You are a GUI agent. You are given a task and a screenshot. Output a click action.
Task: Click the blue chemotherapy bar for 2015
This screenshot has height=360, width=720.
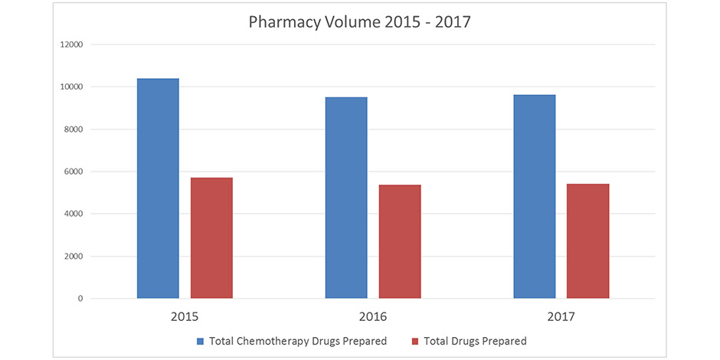158,188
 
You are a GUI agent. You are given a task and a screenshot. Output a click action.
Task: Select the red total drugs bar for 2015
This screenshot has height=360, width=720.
211,238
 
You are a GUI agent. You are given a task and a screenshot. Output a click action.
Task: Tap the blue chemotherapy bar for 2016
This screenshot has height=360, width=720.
346,198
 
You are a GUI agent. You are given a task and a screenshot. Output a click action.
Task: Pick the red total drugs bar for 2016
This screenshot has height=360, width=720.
400,241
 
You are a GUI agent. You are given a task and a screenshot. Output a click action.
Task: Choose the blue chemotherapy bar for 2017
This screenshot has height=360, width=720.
535,197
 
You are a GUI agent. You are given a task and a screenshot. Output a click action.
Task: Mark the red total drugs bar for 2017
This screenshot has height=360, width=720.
587,241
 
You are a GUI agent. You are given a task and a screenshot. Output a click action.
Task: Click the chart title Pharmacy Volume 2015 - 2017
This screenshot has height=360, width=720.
359,21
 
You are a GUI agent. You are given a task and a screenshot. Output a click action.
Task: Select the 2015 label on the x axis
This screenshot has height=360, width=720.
185,316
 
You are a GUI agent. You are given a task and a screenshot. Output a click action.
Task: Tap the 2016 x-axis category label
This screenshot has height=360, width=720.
373,316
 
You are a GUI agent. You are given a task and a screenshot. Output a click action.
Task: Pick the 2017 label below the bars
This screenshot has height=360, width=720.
561,316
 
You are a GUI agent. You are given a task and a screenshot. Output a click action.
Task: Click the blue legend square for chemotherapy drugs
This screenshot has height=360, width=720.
201,341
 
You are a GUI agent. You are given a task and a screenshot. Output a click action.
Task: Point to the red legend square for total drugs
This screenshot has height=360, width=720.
415,341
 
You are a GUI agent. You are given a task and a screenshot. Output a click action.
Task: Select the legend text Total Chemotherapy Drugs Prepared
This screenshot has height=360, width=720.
298,341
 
